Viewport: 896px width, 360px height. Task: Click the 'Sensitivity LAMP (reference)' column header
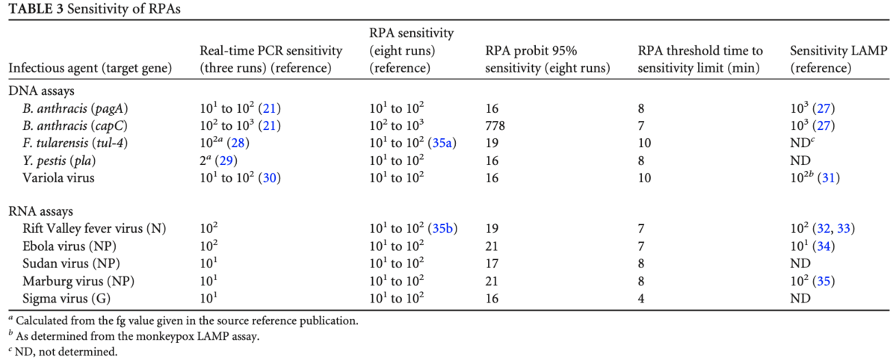tap(838, 59)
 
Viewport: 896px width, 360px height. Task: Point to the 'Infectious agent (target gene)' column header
tap(90, 68)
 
